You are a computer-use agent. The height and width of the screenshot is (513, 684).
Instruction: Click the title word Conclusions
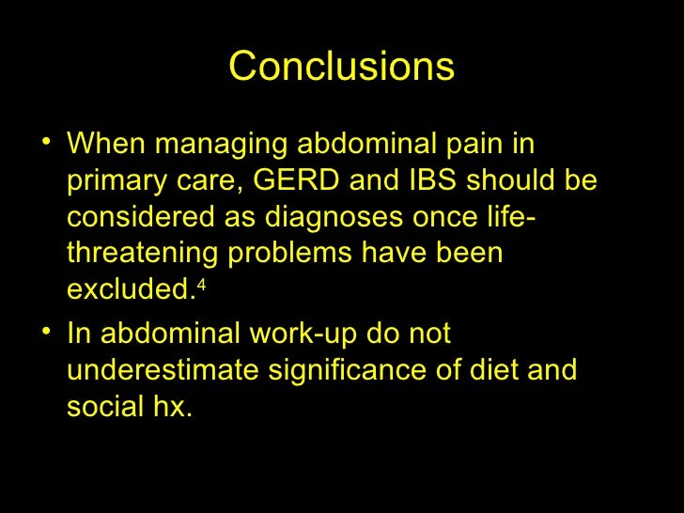coord(341,67)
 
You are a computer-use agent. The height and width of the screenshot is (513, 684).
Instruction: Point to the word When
coord(107,146)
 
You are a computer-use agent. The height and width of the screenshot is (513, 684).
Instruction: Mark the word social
coord(103,407)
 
